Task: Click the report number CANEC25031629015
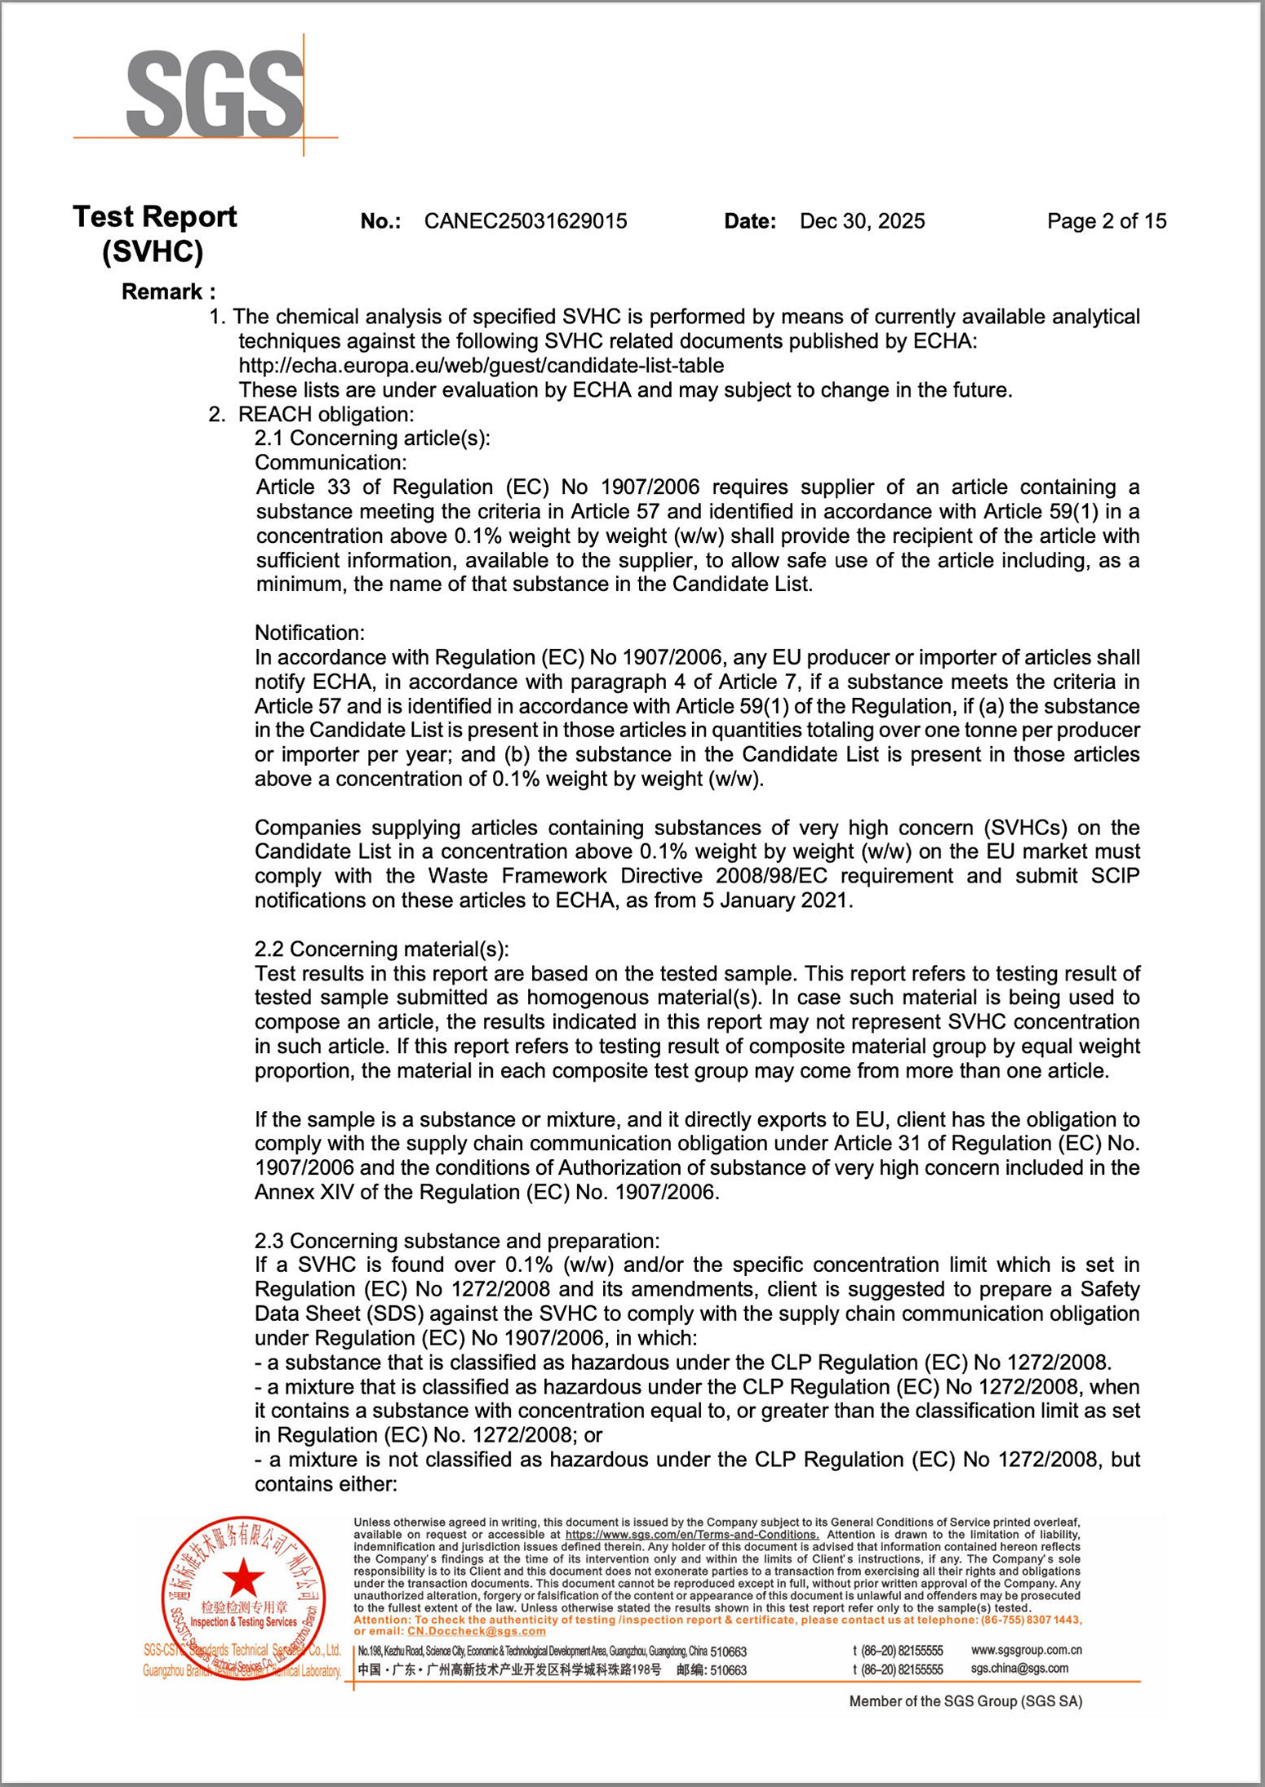tap(526, 221)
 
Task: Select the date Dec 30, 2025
tap(862, 221)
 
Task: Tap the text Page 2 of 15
tap(1106, 221)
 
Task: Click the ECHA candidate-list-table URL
tap(481, 365)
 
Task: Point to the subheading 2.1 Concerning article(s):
tap(372, 438)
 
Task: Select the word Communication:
tap(331, 462)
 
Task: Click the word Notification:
tap(309, 633)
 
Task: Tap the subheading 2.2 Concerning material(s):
tap(381, 949)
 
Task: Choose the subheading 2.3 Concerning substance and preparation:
tap(457, 1241)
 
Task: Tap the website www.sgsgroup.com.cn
tap(1026, 1650)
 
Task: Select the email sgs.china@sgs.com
tap(1019, 1668)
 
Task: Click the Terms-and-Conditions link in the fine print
tap(691, 1535)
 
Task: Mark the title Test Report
tap(154, 216)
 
